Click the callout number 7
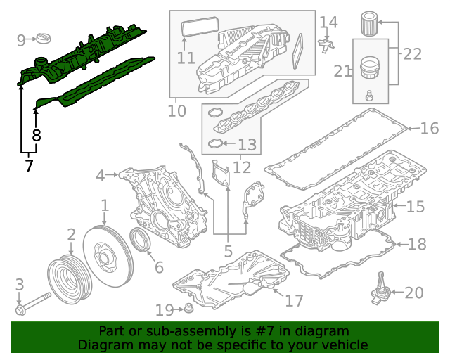point(28,167)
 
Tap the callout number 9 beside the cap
point(21,39)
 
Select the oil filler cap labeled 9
point(44,37)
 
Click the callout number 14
point(328,22)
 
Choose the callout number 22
point(413,53)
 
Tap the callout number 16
point(429,128)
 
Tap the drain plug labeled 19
point(188,309)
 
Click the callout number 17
point(294,300)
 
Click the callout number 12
point(242,167)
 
